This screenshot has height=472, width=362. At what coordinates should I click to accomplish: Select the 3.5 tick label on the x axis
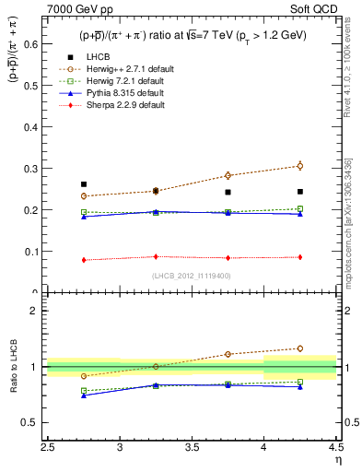(x=192, y=448)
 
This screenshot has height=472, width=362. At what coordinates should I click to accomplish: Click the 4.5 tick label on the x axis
(x=335, y=448)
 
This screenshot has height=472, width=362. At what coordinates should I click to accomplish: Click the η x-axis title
(x=337, y=459)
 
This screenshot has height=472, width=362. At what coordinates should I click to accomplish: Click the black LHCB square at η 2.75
(x=84, y=184)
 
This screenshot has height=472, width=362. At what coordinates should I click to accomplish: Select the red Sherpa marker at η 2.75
(x=84, y=260)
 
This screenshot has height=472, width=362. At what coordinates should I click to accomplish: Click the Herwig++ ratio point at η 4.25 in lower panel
(x=299, y=348)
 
